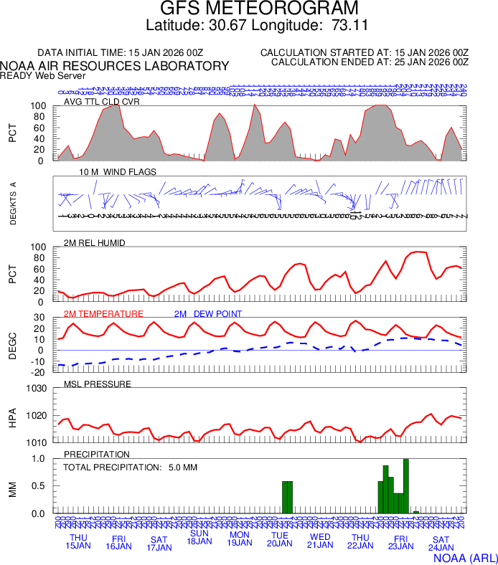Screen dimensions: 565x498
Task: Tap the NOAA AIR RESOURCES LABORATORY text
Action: click(x=115, y=66)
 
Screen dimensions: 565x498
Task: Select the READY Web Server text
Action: click(x=42, y=75)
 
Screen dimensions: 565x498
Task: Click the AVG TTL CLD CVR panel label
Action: click(x=102, y=101)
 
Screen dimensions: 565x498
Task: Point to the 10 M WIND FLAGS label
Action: click(x=118, y=172)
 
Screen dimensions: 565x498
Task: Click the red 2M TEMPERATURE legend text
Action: click(x=103, y=314)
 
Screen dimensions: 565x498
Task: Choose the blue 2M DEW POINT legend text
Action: click(x=208, y=314)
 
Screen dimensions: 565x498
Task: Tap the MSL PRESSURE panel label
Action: click(x=98, y=384)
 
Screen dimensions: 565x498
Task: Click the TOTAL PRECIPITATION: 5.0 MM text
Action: click(x=130, y=467)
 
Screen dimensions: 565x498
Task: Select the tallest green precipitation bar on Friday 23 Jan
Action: click(x=406, y=486)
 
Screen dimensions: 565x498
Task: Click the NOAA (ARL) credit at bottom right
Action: click(x=465, y=557)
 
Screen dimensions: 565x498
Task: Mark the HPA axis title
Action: click(x=12, y=416)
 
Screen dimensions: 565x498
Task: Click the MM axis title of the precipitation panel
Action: click(x=12, y=490)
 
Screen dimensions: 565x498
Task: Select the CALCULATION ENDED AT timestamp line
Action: click(x=370, y=62)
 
